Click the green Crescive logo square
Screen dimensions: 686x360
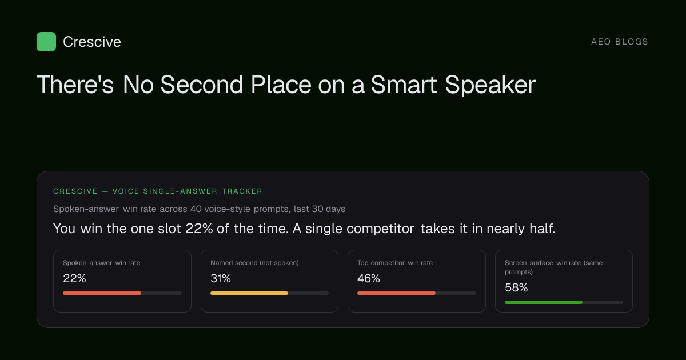46,42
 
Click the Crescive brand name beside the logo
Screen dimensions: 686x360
92,42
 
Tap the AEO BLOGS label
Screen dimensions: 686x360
620,42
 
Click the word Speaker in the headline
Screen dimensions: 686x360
490,85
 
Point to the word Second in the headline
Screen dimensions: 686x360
201,85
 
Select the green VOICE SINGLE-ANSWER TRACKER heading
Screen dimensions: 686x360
188,191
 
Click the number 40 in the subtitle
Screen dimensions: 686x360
196,209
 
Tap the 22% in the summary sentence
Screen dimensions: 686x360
199,229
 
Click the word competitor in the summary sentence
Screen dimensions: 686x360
360,229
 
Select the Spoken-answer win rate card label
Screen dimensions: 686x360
101,263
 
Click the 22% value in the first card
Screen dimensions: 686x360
74,279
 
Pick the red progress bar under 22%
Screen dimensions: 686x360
102,293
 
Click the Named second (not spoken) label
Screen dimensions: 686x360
254,263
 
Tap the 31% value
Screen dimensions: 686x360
221,279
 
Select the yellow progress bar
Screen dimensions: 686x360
249,293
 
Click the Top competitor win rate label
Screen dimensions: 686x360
395,263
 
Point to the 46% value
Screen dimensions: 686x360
369,279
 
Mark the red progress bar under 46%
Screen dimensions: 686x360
396,293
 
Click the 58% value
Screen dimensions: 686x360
516,288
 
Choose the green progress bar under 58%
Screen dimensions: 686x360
544,302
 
